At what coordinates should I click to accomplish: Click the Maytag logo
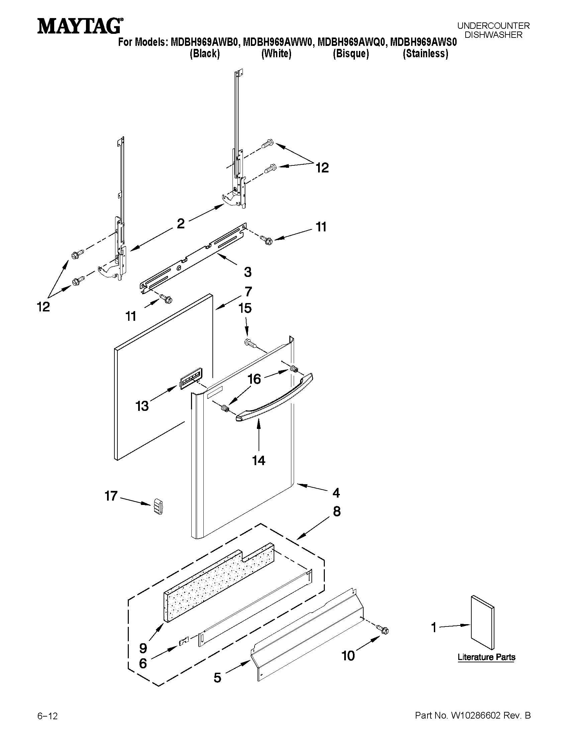[x=80, y=26]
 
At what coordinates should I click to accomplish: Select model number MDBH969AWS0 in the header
[x=423, y=43]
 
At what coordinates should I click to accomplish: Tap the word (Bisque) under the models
[x=351, y=54]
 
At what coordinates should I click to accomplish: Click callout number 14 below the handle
[x=259, y=460]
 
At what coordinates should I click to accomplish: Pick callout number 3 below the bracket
[x=248, y=272]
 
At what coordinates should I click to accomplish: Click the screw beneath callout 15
[x=250, y=343]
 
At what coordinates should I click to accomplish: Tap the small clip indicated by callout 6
[x=184, y=640]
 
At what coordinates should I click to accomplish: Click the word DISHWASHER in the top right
[x=493, y=34]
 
